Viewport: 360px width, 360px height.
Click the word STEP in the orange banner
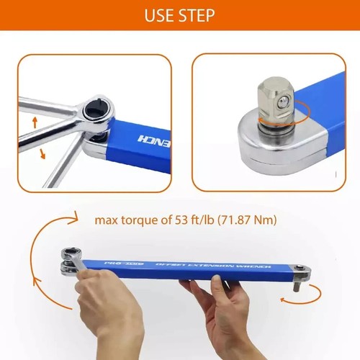tap(199, 15)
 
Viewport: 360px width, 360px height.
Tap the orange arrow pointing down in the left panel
tap(42, 152)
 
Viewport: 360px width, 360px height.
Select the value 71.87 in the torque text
tap(244, 219)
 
